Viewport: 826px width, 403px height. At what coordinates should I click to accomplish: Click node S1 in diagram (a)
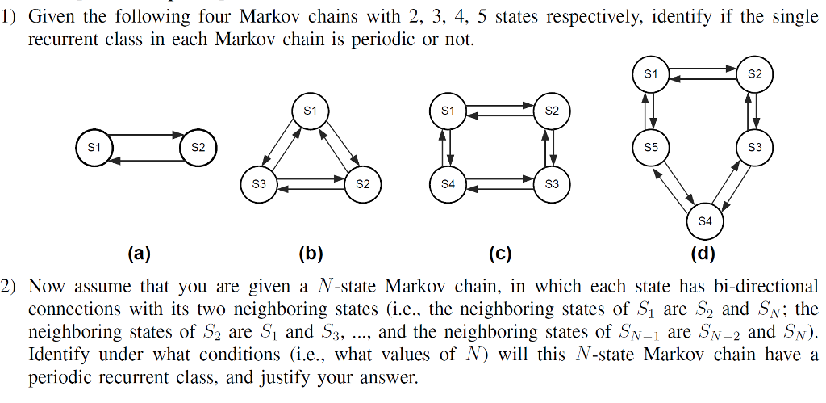94,148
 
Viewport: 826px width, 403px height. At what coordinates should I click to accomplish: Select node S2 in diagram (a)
198,148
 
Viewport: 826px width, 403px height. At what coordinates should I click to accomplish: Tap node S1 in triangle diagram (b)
311,110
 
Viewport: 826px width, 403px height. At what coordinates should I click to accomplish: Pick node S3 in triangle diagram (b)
258,184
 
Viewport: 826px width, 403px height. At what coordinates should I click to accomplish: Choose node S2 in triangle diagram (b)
362,184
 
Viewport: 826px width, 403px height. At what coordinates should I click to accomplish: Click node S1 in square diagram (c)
448,111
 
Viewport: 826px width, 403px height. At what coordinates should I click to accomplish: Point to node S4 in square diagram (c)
448,184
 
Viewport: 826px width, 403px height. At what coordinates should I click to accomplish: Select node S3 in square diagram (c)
552,184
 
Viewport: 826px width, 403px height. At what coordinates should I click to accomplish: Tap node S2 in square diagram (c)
552,111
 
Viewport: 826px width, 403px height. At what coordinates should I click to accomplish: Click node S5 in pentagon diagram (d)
651,148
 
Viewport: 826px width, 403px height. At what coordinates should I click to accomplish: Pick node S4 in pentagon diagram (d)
705,220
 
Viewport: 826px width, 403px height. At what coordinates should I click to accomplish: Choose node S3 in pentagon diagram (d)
755,148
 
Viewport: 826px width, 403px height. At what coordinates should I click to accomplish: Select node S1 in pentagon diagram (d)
651,74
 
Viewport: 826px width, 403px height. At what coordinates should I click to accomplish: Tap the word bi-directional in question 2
766,286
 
